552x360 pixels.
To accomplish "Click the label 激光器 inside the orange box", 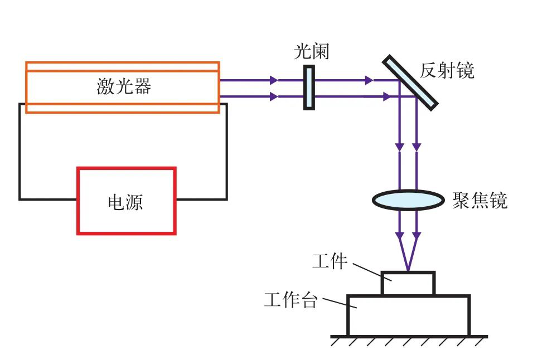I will tap(124, 86).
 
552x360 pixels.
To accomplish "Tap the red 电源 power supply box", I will tap(126, 201).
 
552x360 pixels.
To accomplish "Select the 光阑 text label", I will tap(312, 52).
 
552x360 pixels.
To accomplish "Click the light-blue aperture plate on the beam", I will tap(309, 87).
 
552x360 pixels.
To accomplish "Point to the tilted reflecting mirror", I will tap(410, 81).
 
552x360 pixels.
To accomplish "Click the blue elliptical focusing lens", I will tap(408, 200).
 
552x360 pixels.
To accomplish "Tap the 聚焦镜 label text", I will tap(480, 200).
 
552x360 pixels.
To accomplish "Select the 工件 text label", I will tap(330, 261).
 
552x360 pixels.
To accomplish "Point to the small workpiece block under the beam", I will tap(408, 283).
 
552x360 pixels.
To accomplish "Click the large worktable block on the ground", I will tap(408, 315).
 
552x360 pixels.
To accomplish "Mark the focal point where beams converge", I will tap(408, 271).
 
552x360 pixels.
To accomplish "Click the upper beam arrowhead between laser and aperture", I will tap(273, 80).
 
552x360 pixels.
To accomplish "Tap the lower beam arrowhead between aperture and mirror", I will tap(386, 97).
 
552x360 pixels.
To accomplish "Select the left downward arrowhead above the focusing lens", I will tap(400, 147).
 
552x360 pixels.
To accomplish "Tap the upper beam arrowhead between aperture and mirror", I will tap(368, 80).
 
